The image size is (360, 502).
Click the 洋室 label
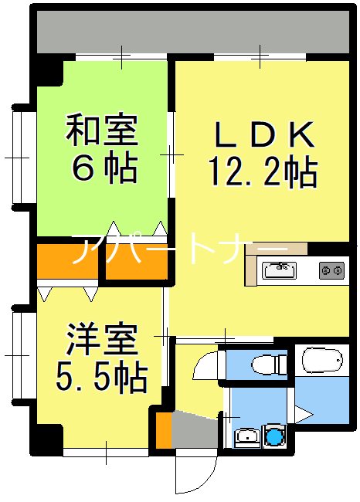[101, 340]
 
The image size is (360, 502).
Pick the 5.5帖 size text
[101, 376]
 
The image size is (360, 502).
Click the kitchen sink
[279, 270]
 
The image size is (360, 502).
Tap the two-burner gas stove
[332, 270]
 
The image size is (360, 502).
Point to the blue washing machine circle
[275, 437]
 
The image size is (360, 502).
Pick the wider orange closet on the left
[67, 263]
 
